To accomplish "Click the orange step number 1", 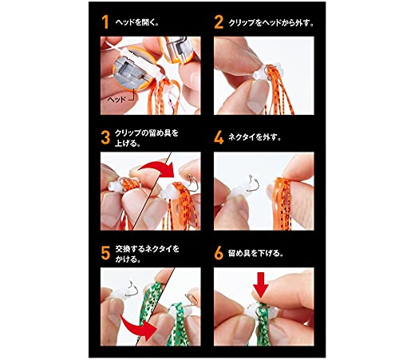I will pos(105,22).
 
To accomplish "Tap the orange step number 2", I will pos(219,22).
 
